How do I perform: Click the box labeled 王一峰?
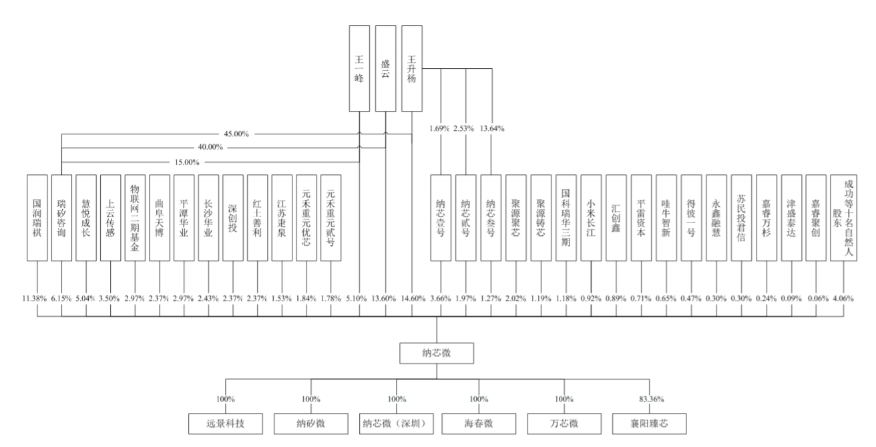pos(359,69)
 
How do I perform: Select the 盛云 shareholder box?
pos(385,69)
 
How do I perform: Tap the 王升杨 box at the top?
pos(412,69)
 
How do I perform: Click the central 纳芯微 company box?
pos(437,353)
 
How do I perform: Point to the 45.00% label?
pos(236,134)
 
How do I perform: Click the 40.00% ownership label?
pos(210,147)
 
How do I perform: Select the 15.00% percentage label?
pos(187,162)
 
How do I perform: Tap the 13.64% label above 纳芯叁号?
pos(492,128)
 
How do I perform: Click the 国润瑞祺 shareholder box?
pos(37,218)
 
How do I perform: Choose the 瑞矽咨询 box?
pos(61,218)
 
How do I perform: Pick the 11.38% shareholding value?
pos(35,298)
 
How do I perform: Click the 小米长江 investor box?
pos(591,218)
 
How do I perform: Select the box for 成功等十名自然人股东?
pos(843,218)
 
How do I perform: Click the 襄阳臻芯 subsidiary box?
pos(649,424)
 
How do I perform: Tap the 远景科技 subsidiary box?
pos(225,424)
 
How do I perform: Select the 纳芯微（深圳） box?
pos(396,424)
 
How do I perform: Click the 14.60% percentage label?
pos(413,298)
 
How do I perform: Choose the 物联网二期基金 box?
pos(135,218)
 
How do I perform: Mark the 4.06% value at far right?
pos(843,298)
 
